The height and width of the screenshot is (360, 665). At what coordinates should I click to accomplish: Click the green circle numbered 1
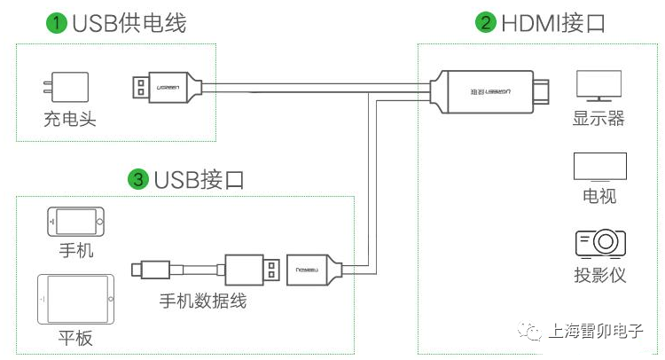point(57,22)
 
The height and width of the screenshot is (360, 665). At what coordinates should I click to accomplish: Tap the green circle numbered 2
point(486,22)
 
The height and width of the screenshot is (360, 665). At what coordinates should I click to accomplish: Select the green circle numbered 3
point(138,179)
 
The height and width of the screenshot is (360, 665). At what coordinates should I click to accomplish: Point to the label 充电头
point(70,119)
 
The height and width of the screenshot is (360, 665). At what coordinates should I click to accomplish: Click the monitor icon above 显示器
point(598,86)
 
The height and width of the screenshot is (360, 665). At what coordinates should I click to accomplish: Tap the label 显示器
point(598,118)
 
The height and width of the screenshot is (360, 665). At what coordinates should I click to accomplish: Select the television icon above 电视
point(599,167)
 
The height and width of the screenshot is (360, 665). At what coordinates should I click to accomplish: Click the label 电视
point(599,196)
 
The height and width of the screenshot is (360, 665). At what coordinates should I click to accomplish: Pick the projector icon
point(600,244)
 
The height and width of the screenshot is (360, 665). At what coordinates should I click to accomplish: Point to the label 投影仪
point(599,275)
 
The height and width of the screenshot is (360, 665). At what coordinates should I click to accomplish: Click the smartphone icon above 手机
point(75,222)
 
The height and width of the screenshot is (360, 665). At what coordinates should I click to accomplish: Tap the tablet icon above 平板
point(76,300)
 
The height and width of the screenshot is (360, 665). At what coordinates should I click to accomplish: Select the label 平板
point(75,339)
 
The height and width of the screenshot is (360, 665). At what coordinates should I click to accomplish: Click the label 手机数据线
point(203,301)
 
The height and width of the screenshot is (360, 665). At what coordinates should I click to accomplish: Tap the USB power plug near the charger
point(167,88)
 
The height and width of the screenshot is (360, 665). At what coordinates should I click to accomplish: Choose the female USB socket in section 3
point(314,270)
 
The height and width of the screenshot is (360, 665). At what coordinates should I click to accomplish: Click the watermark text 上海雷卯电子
point(596,331)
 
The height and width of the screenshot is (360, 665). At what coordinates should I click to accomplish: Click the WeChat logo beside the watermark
point(528,331)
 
